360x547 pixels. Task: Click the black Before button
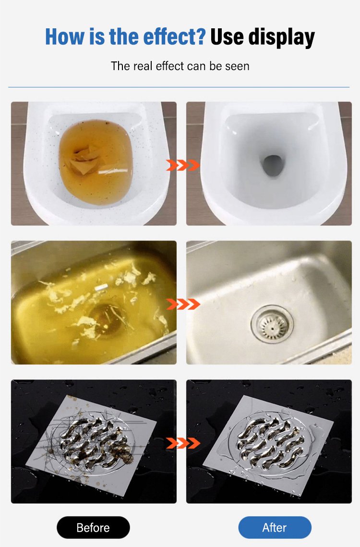pyautogui.click(x=93, y=527)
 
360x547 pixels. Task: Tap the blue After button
pyautogui.click(x=275, y=527)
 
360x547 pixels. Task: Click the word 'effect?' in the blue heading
pyautogui.click(x=174, y=36)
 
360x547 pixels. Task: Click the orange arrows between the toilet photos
pyautogui.click(x=182, y=165)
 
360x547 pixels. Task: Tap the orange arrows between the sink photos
pyautogui.click(x=182, y=304)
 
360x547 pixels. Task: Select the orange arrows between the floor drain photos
pyautogui.click(x=182, y=443)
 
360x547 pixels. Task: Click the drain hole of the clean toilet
pyautogui.click(x=273, y=165)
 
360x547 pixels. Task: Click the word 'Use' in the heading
pyautogui.click(x=227, y=36)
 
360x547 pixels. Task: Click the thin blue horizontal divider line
pyautogui.click(x=179, y=87)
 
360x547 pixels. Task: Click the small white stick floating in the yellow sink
pyautogui.click(x=101, y=287)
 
